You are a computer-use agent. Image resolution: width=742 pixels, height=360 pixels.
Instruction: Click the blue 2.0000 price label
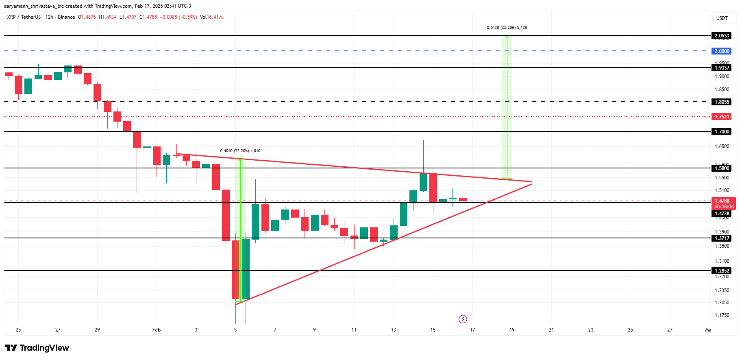point(722,51)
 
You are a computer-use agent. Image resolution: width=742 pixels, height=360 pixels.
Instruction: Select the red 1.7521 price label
point(722,117)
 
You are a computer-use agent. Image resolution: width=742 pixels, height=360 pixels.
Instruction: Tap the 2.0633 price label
point(722,36)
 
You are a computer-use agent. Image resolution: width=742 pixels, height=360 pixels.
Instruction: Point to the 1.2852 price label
point(722,271)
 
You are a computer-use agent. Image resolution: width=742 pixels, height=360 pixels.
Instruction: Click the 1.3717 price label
point(722,238)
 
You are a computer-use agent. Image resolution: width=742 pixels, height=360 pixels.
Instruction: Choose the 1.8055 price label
point(722,102)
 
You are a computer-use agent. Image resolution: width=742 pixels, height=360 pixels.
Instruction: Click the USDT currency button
point(722,18)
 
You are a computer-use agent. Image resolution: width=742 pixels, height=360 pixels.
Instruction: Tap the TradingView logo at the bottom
point(37,348)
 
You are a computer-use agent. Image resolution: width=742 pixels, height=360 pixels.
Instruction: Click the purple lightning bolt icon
point(463,319)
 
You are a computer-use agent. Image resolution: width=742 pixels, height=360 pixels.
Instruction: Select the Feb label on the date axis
point(157,330)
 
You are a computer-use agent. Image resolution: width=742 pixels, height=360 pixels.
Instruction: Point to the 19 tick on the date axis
point(512,330)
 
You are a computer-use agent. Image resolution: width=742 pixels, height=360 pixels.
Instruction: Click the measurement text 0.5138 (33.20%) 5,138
point(507,28)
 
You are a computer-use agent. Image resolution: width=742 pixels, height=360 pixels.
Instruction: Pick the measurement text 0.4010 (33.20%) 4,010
point(240,151)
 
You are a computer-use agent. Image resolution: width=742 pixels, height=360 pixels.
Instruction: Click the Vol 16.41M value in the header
point(211,17)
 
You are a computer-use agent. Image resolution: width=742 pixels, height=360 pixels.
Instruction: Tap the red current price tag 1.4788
point(722,201)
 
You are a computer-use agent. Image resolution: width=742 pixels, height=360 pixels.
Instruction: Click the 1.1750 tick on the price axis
point(722,315)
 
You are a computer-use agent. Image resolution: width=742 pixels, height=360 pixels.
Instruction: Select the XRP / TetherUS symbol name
point(24,17)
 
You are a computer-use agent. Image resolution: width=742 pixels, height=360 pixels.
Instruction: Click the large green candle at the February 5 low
point(246,268)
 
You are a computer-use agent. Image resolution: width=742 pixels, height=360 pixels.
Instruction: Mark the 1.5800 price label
point(722,168)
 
